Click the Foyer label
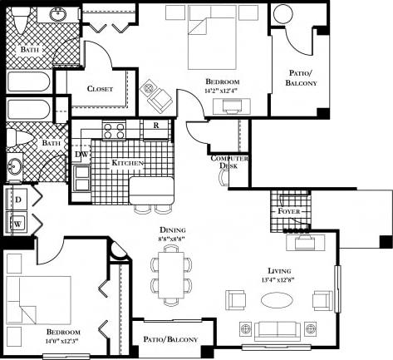pyautogui.click(x=289, y=211)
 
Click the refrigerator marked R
pyautogui.click(x=155, y=127)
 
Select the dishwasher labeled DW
pyautogui.click(x=81, y=154)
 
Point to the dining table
pyautogui.click(x=171, y=275)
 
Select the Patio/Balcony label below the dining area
pyautogui.click(x=169, y=339)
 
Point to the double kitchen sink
pyautogui.click(x=81, y=178)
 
